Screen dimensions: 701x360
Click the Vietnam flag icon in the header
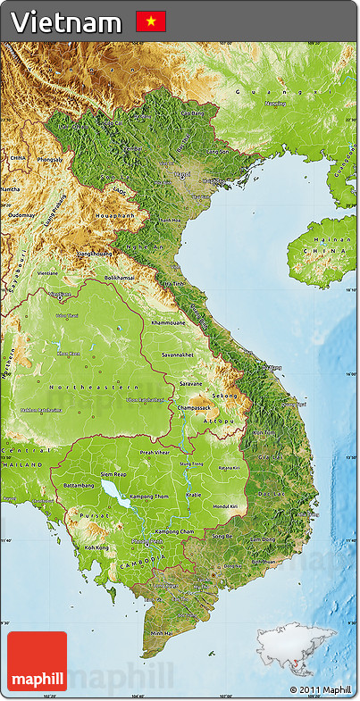coord(151,21)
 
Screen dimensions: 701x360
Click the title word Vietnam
coord(66,21)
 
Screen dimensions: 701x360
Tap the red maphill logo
coord(37,661)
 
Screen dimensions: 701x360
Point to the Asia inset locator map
coord(297,648)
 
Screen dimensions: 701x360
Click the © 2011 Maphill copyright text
coord(320,689)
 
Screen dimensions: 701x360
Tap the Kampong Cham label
coord(172,531)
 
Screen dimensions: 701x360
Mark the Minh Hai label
coord(163,632)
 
